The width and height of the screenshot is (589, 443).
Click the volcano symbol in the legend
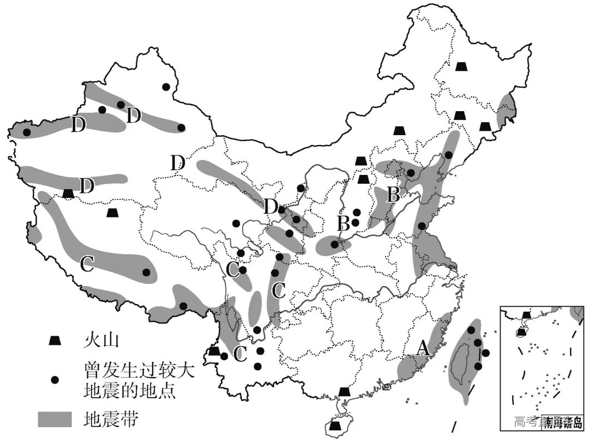click(55, 341)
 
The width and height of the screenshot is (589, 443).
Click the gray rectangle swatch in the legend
click(55, 418)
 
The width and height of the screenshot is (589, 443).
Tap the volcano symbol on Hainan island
click(336, 426)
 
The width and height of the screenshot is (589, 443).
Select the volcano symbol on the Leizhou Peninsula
click(344, 391)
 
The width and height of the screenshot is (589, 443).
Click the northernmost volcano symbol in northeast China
click(462, 66)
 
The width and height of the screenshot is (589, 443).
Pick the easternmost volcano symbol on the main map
click(485, 126)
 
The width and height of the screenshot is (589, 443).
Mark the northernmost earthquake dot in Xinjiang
click(166, 87)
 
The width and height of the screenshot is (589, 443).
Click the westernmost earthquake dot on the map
click(26, 132)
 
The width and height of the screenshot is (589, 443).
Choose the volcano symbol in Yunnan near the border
click(214, 350)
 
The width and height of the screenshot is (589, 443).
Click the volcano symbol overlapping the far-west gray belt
click(68, 193)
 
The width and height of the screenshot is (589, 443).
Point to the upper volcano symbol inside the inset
click(526, 315)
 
